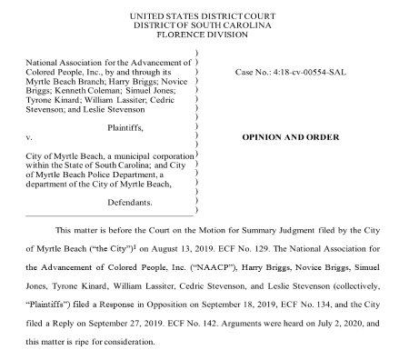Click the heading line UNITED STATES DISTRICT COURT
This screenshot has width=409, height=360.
coord(204,16)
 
